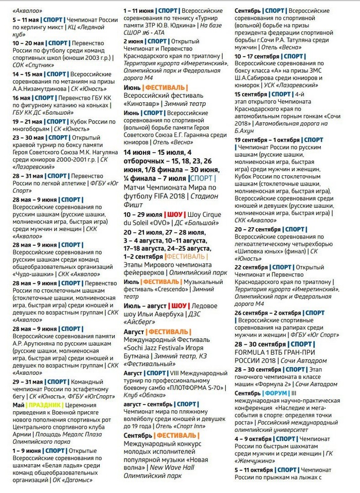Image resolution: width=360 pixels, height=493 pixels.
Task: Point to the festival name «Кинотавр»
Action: tap(146, 103)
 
